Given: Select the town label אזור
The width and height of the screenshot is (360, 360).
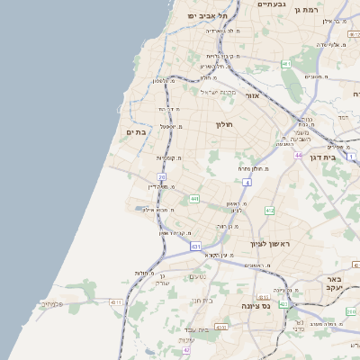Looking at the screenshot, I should pyautogui.click(x=252, y=94).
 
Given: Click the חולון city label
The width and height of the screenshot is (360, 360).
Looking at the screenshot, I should pyautogui.click(x=224, y=124).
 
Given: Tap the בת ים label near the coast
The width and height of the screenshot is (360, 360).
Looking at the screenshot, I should pyautogui.click(x=136, y=132).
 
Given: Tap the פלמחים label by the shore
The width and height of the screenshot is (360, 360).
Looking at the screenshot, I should pyautogui.click(x=51, y=303).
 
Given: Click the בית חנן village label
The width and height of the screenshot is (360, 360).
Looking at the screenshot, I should pyautogui.click(x=202, y=300).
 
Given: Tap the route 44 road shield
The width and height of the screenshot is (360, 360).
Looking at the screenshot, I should pyautogui.click(x=298, y=156).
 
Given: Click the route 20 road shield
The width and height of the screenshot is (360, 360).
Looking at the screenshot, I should pyautogui.click(x=162, y=177).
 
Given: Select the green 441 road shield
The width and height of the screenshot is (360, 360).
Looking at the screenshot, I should pyautogui.click(x=194, y=198).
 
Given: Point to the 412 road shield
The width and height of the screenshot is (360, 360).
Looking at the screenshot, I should pyautogui.click(x=270, y=210).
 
